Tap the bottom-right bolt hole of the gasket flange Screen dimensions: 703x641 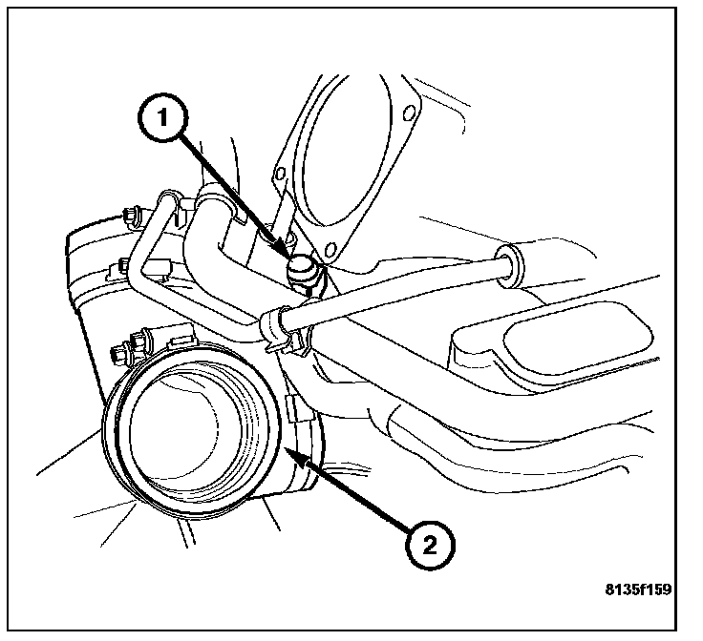[330, 251]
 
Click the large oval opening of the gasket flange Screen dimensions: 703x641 [344, 153]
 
